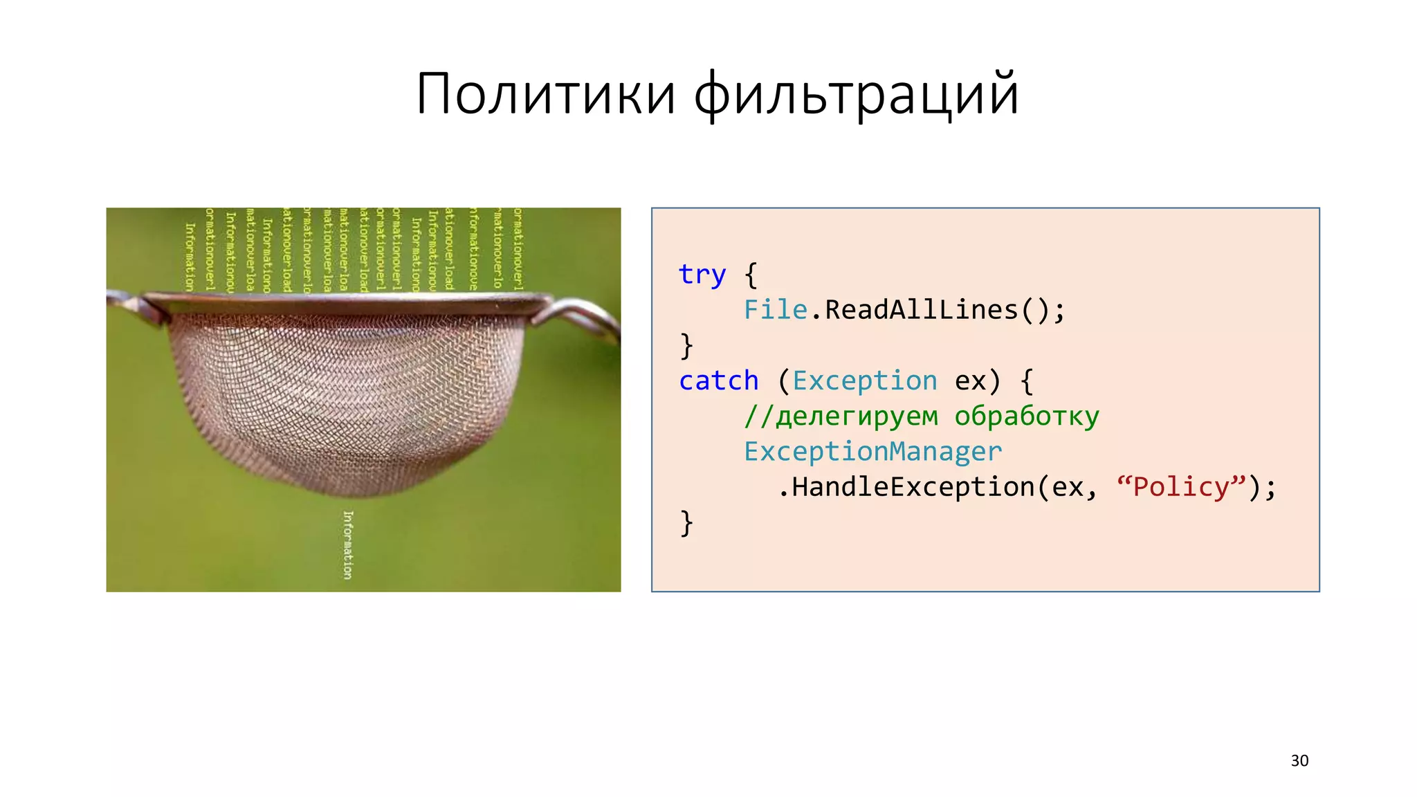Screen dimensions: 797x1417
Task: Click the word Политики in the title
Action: (x=546, y=94)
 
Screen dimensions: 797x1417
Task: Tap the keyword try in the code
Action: (x=702, y=274)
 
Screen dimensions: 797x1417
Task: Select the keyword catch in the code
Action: (x=718, y=381)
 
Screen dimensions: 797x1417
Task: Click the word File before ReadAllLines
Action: (x=775, y=309)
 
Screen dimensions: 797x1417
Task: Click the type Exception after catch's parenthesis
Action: (x=864, y=381)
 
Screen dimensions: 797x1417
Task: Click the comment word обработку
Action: (x=1027, y=416)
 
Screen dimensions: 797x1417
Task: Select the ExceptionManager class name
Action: (x=872, y=452)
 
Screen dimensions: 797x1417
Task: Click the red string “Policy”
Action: (x=1181, y=487)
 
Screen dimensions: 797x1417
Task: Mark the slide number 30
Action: (x=1299, y=760)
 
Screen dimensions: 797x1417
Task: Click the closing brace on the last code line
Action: (x=686, y=523)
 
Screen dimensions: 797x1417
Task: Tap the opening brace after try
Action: (x=751, y=275)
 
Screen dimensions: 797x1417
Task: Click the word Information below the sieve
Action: (x=348, y=544)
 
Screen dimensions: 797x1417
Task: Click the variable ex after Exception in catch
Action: (x=969, y=381)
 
